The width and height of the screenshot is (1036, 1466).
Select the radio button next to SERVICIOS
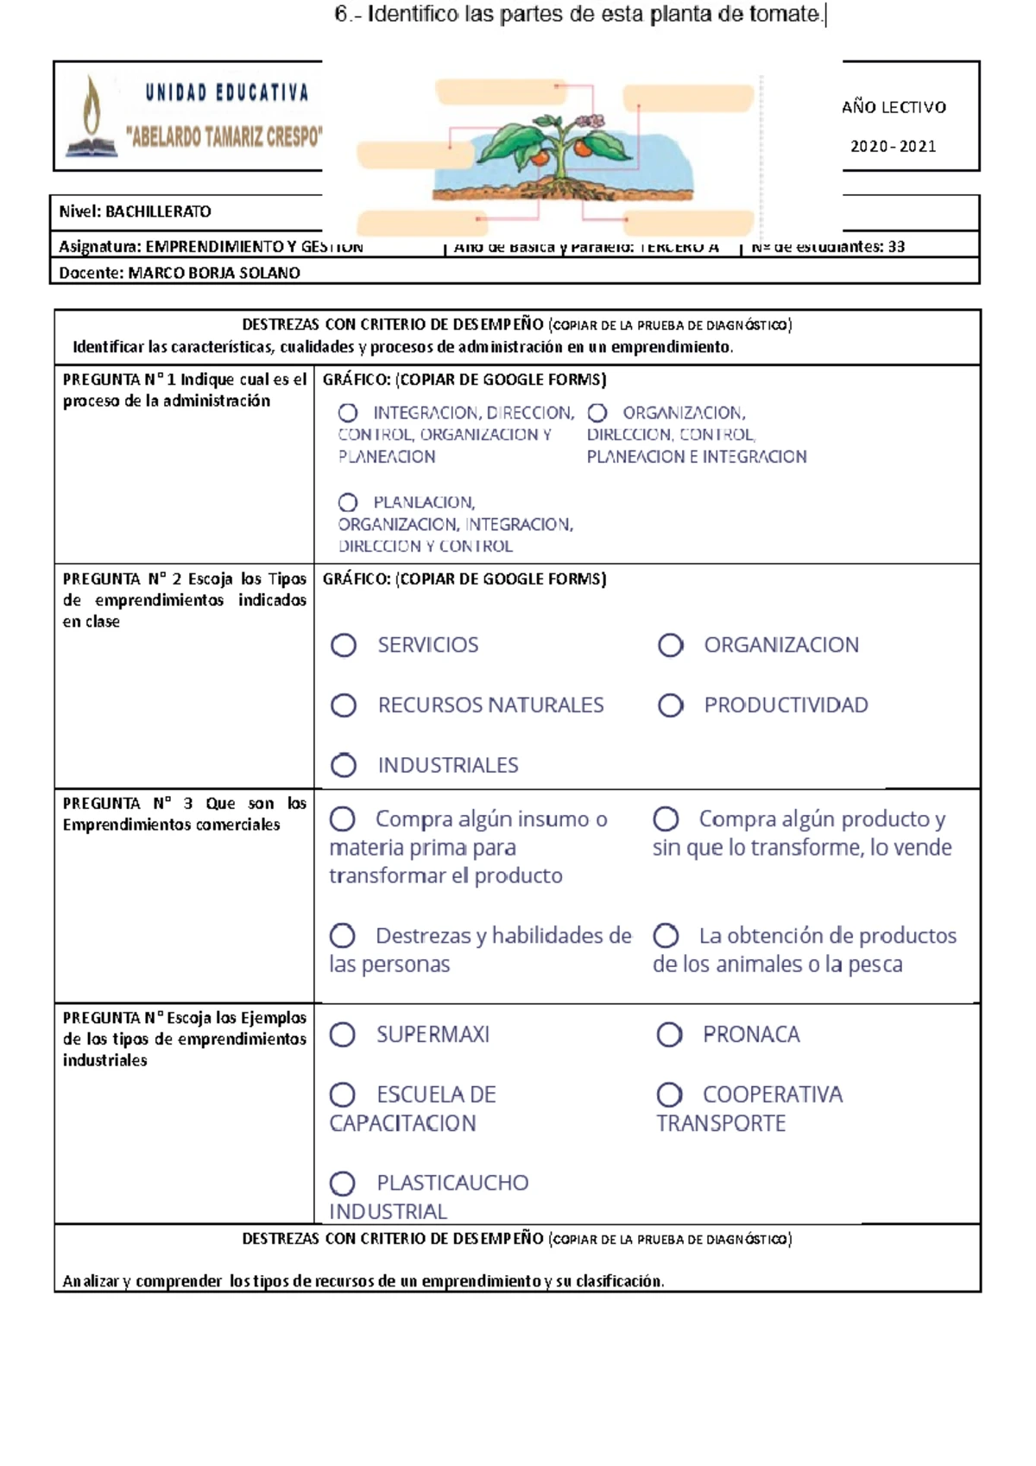click(344, 645)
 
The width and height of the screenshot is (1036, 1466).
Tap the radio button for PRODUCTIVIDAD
click(670, 705)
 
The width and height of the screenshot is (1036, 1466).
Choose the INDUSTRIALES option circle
click(344, 765)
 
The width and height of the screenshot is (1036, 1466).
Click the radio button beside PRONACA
click(669, 1034)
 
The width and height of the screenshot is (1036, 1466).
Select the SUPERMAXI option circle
click(343, 1034)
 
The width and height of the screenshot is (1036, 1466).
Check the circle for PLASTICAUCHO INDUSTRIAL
click(343, 1183)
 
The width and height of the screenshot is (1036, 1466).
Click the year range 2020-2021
click(893, 147)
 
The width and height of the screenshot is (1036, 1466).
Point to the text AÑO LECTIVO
click(894, 107)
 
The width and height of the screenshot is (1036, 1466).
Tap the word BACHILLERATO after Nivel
click(158, 212)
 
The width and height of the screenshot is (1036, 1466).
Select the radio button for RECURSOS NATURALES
click(344, 705)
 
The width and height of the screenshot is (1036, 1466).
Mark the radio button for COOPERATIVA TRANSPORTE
click(669, 1095)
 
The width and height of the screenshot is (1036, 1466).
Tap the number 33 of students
click(896, 247)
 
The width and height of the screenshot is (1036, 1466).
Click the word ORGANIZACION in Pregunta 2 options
click(781, 645)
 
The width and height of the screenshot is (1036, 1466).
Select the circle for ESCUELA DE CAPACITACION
click(343, 1095)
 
